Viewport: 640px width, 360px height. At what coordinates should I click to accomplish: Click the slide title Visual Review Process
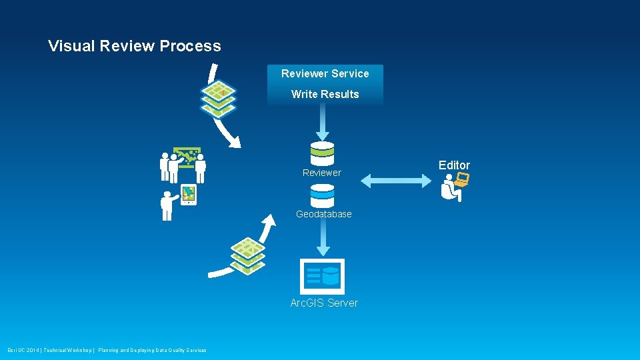point(134,46)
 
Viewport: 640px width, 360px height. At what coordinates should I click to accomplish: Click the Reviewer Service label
point(325,73)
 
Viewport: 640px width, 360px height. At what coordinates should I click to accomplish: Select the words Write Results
point(325,94)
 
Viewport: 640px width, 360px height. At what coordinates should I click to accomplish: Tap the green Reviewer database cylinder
point(322,153)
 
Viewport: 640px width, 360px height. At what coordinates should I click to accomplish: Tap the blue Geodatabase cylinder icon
point(322,195)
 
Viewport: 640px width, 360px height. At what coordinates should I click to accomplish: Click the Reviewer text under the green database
point(321,173)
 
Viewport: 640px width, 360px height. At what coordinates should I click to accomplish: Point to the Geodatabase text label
point(323,214)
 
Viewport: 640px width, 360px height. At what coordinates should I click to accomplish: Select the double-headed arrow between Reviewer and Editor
point(396,179)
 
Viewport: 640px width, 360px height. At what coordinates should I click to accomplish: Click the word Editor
point(454,165)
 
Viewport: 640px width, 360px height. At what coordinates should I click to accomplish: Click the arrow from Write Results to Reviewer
point(322,123)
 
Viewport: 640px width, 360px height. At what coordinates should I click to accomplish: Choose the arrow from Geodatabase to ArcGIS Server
point(322,237)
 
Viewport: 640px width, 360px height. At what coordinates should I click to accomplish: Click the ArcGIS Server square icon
point(322,276)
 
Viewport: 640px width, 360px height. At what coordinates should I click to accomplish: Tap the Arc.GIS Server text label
point(324,303)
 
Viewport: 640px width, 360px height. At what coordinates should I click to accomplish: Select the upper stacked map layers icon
point(219,99)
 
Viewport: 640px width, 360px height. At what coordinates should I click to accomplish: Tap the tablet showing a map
point(189,194)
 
